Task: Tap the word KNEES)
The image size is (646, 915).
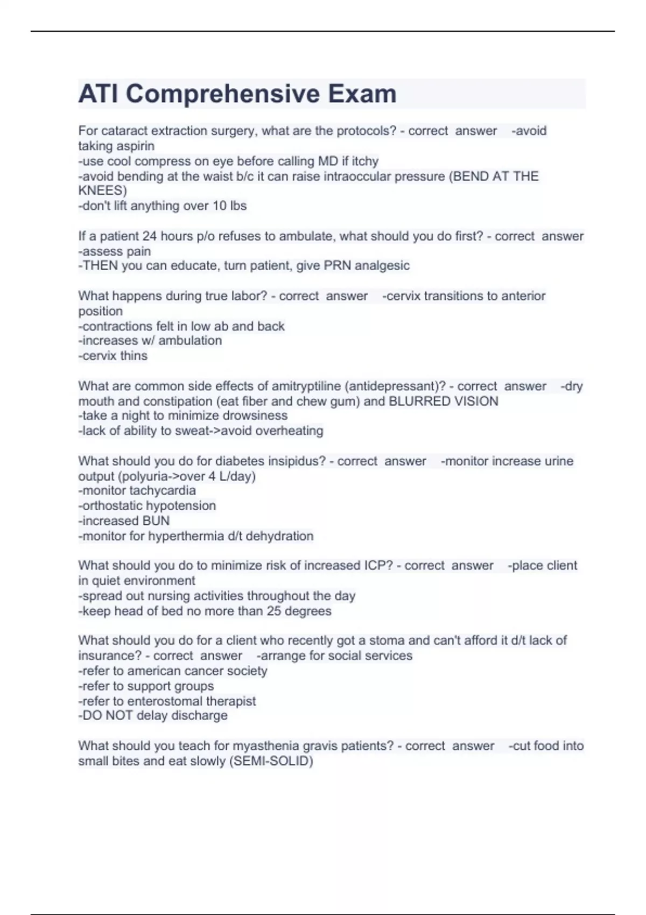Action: point(102,191)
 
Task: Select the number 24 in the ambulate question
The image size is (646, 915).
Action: point(149,236)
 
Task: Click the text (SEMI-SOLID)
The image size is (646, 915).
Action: point(271,761)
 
